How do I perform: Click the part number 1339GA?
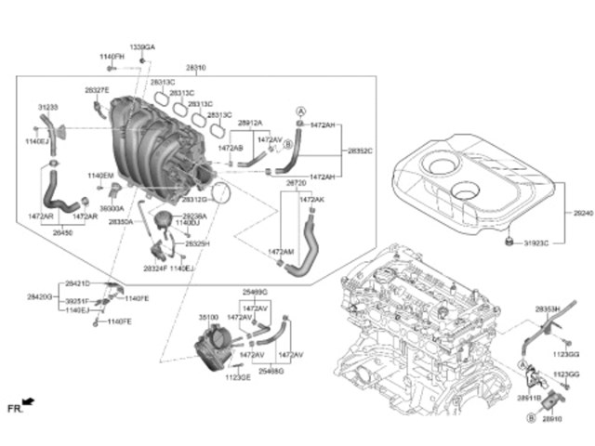(x=142, y=46)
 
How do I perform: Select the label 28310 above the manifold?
(x=196, y=68)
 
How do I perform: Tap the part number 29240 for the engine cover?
(x=582, y=213)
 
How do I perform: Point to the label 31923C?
(x=535, y=243)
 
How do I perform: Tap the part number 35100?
(x=209, y=317)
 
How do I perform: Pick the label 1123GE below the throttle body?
(x=238, y=378)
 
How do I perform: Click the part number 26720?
(x=297, y=183)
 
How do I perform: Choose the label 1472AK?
(x=311, y=199)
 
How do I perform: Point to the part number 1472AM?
(x=281, y=252)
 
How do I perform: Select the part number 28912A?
(x=249, y=123)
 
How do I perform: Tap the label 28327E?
(x=97, y=90)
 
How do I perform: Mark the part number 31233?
(x=47, y=107)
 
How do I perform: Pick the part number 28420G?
(x=39, y=296)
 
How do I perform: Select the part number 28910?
(x=552, y=420)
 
